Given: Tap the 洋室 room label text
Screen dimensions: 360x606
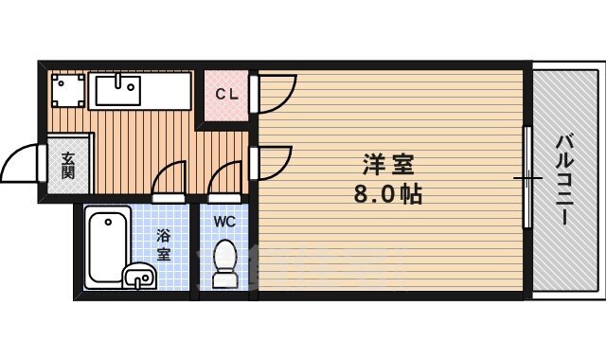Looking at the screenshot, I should (x=385, y=164).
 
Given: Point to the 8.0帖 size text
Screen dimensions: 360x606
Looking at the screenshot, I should (x=385, y=194).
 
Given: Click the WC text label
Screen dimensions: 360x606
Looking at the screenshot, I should (x=223, y=222).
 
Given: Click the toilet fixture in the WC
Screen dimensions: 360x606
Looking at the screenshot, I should (x=225, y=263).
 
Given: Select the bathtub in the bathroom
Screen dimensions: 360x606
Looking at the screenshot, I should (x=107, y=243).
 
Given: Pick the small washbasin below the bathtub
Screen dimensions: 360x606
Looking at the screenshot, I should (x=139, y=278).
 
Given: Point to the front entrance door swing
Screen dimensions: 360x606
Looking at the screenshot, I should (x=21, y=165).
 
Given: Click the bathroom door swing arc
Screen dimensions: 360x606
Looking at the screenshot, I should (x=168, y=178).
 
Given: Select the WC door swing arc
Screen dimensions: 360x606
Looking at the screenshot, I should (x=225, y=178).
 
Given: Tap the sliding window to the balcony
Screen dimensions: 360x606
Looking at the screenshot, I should (x=526, y=177).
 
